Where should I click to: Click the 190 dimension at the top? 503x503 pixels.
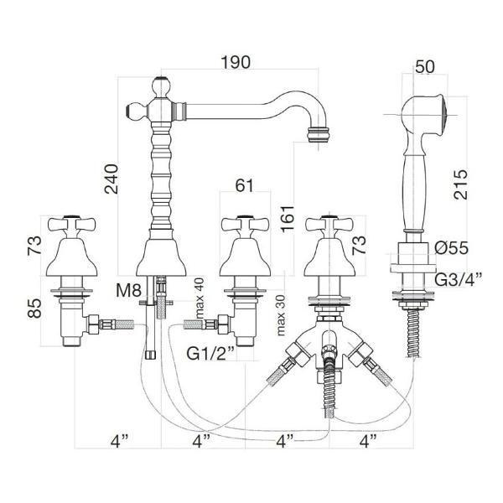236,62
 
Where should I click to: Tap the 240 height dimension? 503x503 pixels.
111,179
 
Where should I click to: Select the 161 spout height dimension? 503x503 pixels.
288,217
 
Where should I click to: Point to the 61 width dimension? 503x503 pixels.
245,185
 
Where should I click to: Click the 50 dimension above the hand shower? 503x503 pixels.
425,66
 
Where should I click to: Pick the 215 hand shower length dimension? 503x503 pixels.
460,184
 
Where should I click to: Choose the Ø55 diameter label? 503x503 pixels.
452,247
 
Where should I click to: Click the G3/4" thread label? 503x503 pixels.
459,280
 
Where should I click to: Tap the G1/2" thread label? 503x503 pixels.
210,354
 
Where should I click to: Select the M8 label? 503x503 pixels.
128,291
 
